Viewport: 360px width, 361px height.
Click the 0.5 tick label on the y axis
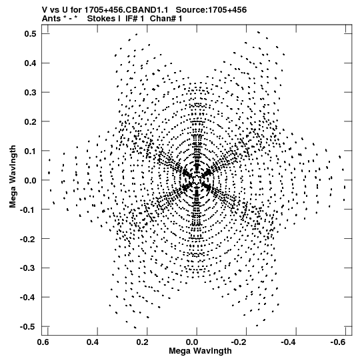click(30, 33)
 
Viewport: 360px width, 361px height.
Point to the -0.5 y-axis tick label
click(28, 326)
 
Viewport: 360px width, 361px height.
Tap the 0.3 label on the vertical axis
click(30, 92)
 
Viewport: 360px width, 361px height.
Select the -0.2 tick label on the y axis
click(28, 239)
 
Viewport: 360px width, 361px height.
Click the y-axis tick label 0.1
click(30, 151)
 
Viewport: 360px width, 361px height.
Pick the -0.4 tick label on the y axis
click(28, 297)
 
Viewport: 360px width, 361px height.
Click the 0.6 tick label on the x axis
click(43, 342)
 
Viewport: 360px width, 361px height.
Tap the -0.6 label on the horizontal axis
click(339, 342)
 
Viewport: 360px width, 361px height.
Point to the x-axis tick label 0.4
click(93, 342)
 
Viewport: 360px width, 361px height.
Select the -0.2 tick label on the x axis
click(239, 342)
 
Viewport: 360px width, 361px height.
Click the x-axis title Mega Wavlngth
click(200, 351)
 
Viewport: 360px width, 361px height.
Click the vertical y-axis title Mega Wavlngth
click(13, 177)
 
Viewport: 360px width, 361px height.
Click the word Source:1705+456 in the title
click(211, 9)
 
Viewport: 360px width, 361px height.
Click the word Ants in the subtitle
click(51, 19)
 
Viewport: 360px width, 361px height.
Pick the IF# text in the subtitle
click(132, 19)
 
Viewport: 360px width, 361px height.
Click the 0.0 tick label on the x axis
click(192, 342)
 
